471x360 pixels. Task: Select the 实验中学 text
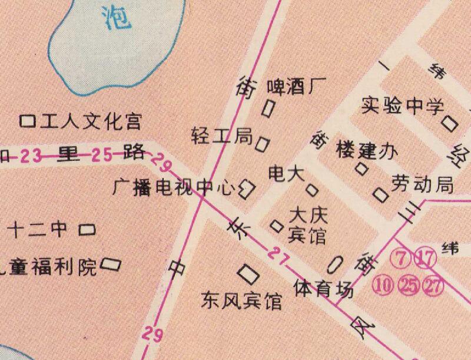click(402, 106)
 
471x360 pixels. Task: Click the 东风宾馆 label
click(241, 301)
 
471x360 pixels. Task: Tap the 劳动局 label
click(423, 184)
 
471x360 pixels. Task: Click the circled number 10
click(383, 286)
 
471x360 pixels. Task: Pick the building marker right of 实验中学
click(450, 123)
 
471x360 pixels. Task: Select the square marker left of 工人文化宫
click(27, 122)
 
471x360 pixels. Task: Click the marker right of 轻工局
click(263, 143)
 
